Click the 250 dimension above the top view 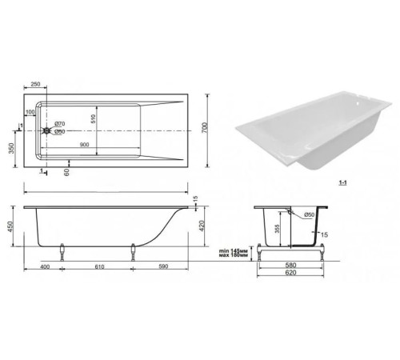click(35, 84)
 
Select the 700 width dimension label click(211, 129)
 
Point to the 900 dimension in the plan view click(82, 145)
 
